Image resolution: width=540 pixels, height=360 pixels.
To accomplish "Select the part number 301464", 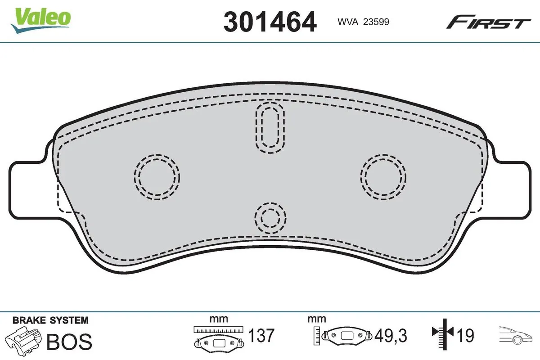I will [x=270, y=21].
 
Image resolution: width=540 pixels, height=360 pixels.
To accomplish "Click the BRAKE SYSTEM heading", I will [x=50, y=320].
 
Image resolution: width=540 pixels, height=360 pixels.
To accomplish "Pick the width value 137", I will [x=261, y=336].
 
